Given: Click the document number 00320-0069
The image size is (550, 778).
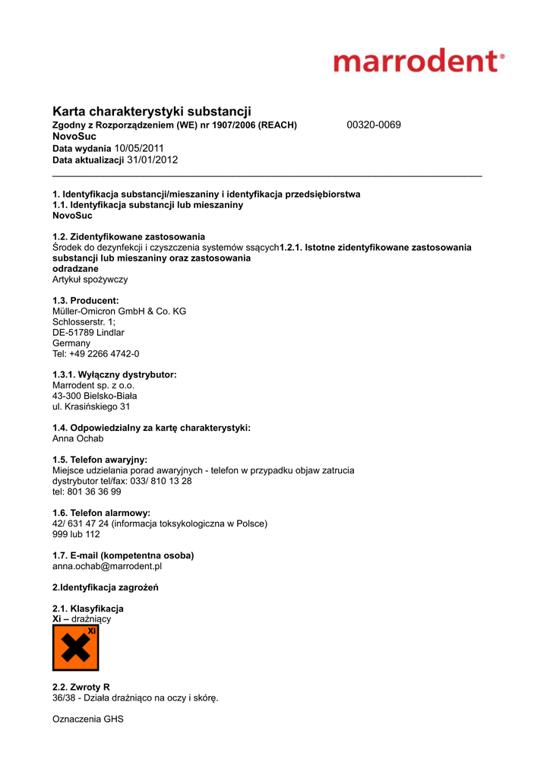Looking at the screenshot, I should (374, 125).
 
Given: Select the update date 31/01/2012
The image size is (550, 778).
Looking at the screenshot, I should (152, 160).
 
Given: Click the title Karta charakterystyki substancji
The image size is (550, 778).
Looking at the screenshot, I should (152, 112).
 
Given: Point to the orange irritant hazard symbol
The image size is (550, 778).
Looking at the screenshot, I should (75, 648).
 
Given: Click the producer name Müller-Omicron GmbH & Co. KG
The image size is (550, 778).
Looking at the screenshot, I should (119, 312).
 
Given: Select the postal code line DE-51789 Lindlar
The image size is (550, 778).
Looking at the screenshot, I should (88, 333).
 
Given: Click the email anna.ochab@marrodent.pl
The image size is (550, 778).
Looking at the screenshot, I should (107, 566).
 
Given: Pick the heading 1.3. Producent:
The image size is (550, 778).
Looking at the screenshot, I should (86, 301).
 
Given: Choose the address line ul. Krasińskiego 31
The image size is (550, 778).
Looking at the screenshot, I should (91, 406).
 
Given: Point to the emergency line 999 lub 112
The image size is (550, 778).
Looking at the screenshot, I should (76, 534).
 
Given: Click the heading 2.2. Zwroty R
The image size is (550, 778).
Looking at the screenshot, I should (81, 687).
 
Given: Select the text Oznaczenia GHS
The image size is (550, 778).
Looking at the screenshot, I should (87, 719).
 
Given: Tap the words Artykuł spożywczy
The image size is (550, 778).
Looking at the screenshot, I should (90, 280).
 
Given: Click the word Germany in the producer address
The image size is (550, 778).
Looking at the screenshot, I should (71, 343).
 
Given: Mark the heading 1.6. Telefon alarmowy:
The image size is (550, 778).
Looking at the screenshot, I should (101, 513).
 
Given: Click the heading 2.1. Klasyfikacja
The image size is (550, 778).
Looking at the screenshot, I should (88, 609).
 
